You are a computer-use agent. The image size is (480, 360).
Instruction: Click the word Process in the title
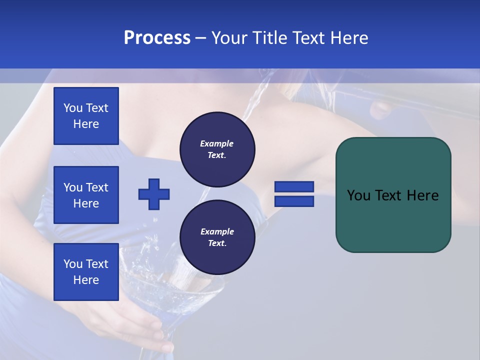pos(157,38)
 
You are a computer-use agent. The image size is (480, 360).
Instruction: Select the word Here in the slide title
pos(348,38)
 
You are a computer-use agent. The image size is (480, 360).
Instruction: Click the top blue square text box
pos(86,116)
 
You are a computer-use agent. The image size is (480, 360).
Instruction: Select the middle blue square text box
pos(86,195)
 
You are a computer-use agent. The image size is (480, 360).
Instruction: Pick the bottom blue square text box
pos(86,272)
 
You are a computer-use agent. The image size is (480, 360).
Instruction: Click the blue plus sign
pos(154,194)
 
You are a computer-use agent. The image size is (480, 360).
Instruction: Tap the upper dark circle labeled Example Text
pos(217,149)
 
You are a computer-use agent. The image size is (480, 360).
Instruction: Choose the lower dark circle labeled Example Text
pos(217,237)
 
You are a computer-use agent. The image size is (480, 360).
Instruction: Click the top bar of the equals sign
pos(294,186)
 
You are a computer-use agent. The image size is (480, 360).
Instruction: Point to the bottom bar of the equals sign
pos(294,201)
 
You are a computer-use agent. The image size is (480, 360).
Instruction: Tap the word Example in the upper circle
pos(217,143)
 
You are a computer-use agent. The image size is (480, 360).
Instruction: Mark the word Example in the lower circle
pos(217,231)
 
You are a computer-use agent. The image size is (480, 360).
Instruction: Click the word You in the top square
pos(73,108)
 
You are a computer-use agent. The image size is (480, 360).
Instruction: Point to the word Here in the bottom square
pos(86,280)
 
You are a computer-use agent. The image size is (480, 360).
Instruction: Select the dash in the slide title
pos(200,38)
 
